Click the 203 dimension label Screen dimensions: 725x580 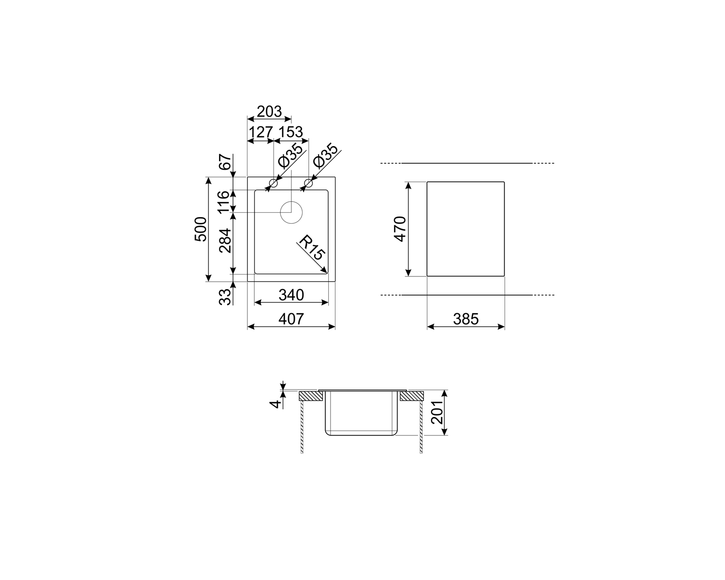269,111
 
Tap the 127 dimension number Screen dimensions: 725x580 261,132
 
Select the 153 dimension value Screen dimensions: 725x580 290,132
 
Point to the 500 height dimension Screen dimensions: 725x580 201,229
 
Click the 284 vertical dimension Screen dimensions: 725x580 225,241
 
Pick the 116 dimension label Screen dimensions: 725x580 223,202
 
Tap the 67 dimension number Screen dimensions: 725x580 226,162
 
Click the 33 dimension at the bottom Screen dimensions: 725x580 225,297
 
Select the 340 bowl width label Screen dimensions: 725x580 291,295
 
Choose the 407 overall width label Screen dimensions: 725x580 291,319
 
